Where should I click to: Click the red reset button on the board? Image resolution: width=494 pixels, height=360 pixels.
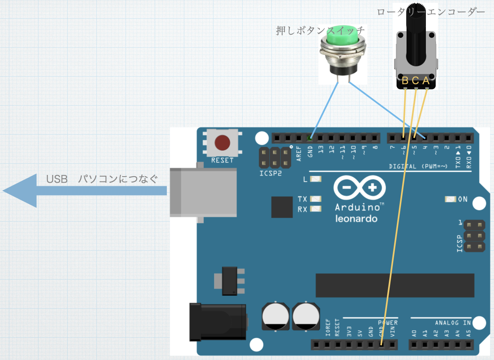coord(222,143)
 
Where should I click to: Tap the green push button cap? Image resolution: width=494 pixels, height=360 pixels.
coord(343,35)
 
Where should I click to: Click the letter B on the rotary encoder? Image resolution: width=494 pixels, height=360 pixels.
coord(405,81)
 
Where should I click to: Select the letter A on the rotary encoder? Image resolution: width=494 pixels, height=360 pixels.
coord(426,81)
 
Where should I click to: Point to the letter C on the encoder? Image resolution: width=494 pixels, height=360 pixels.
coord(415,81)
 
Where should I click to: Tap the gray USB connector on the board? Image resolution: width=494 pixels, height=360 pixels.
coord(203,193)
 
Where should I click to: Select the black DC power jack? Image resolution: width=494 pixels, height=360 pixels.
coord(218,322)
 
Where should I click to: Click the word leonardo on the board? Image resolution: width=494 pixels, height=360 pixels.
coord(356,218)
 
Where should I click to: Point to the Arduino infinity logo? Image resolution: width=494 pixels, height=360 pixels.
coord(359,188)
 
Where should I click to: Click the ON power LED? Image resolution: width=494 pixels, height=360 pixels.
coord(450,199)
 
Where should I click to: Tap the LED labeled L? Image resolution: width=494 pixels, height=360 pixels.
coord(315,179)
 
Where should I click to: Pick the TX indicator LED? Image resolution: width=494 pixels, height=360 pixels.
coord(315,199)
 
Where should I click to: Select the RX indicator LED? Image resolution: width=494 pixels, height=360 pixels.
coord(315,209)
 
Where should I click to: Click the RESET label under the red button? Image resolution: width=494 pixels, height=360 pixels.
coord(222,160)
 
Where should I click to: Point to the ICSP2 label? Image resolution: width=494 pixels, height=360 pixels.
coord(271,173)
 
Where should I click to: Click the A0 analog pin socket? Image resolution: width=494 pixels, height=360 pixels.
coord(414,344)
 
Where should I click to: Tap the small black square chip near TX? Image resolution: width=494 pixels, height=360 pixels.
coord(282,207)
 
